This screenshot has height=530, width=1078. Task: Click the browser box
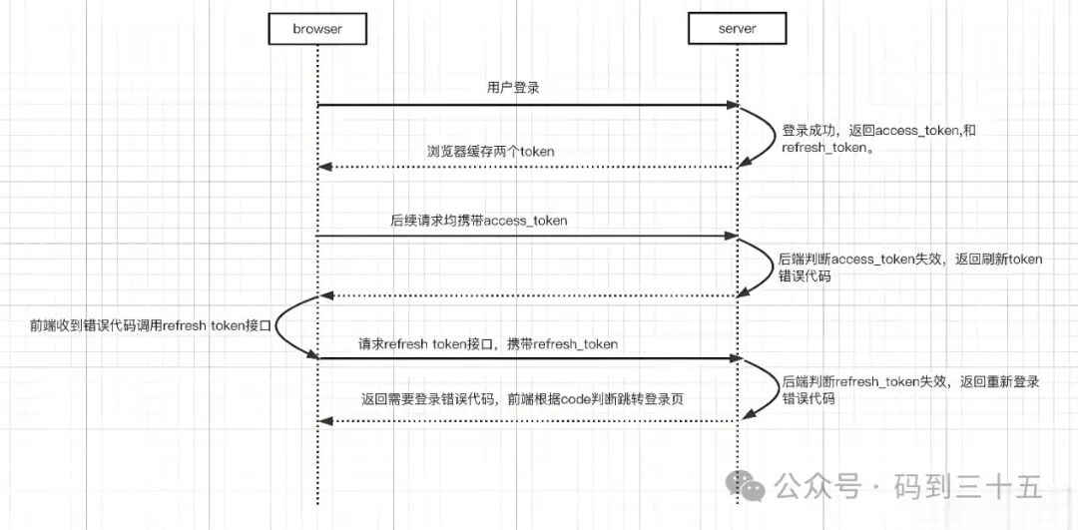[x=317, y=29]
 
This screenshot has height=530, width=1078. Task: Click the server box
[x=737, y=29]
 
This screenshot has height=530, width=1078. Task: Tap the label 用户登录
[x=513, y=88]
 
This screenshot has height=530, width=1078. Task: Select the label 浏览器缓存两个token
[x=491, y=151]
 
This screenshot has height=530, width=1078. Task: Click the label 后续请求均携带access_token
[x=479, y=220]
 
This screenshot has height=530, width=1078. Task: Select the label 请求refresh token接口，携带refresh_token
[x=488, y=343]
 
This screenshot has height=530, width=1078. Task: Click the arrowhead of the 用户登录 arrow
[x=732, y=105]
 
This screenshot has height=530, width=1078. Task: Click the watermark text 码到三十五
[x=968, y=487]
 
